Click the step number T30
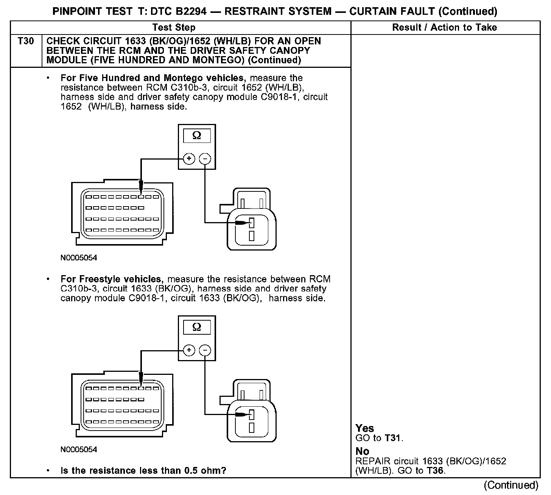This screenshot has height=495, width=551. (25, 41)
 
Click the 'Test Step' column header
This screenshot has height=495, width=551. (174, 27)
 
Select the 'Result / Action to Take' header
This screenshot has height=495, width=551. (444, 27)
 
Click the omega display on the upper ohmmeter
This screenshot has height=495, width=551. (197, 135)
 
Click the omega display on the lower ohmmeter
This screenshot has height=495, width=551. (197, 327)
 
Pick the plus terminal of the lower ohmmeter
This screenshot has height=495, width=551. (189, 350)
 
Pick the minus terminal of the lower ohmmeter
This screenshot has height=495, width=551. (205, 350)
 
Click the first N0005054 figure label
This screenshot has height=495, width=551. (79, 258)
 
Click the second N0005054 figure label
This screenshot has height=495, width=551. (79, 450)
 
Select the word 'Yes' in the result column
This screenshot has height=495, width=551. (364, 428)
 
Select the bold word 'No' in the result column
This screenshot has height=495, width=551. (362, 451)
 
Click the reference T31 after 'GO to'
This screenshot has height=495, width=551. (393, 438)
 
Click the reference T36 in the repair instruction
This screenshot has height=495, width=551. (435, 471)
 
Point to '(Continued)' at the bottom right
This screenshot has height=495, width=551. (511, 485)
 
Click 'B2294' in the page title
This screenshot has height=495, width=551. (191, 11)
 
